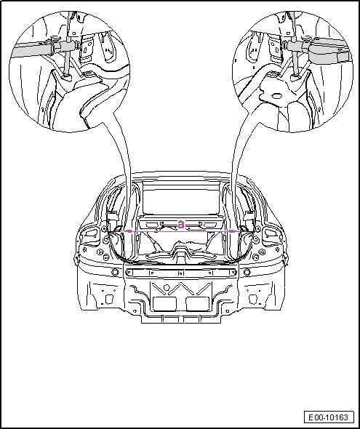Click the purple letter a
[181, 225]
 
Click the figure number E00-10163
[329, 417]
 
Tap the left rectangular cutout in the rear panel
[164, 304]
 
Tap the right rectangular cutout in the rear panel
[198, 304]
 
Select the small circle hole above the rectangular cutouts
[167, 287]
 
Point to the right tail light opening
[271, 233]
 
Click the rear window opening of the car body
[181, 199]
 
